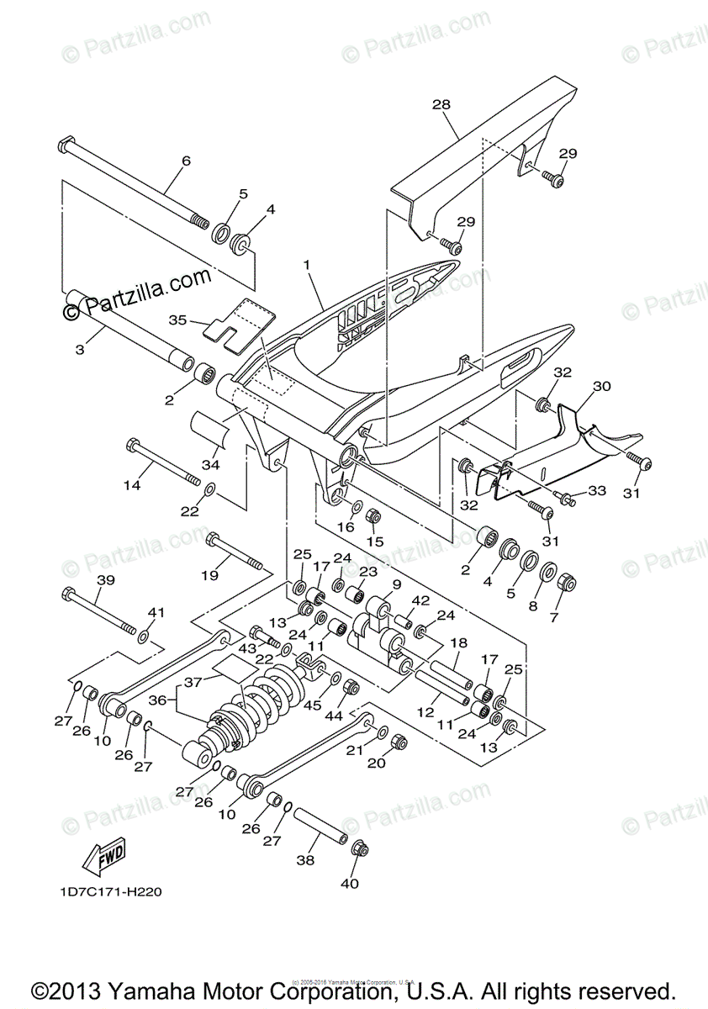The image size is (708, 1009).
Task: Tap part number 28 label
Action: [441, 105]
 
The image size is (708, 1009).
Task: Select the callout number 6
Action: [186, 161]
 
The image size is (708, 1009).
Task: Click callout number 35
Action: [177, 320]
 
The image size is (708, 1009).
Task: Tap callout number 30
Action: [601, 387]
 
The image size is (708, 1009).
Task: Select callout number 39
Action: [105, 581]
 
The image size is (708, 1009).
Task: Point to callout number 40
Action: [349, 884]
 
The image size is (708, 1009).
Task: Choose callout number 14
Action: [131, 485]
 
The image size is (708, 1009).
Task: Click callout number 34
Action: [209, 465]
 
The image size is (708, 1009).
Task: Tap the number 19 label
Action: [209, 575]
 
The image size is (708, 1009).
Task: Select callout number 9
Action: [396, 584]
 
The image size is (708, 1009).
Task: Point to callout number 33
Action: [596, 490]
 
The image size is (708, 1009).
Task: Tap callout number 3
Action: [80, 348]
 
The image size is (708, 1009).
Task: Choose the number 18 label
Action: [458, 642]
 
